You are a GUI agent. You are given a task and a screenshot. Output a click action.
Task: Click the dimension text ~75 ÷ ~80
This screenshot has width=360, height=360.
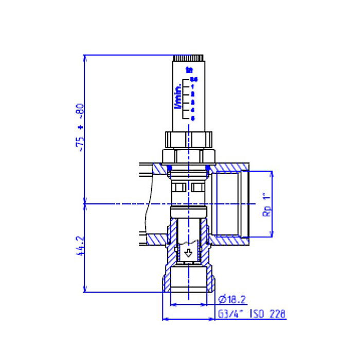tap(80, 128)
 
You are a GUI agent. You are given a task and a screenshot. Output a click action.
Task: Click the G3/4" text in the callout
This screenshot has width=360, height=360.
tap(229, 314)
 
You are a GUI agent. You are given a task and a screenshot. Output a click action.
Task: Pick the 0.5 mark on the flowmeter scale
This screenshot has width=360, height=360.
tap(193, 79)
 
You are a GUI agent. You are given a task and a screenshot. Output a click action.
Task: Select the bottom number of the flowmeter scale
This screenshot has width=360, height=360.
tap(193, 118)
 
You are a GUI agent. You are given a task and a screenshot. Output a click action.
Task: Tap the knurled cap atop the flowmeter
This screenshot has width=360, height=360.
tap(189, 58)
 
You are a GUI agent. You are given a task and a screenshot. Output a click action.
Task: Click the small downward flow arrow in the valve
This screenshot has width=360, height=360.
tap(189, 253)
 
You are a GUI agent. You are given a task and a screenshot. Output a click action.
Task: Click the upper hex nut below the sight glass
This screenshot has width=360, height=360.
tap(189, 139)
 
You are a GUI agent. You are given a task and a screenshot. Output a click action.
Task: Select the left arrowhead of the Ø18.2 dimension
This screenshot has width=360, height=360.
tap(173, 304)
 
